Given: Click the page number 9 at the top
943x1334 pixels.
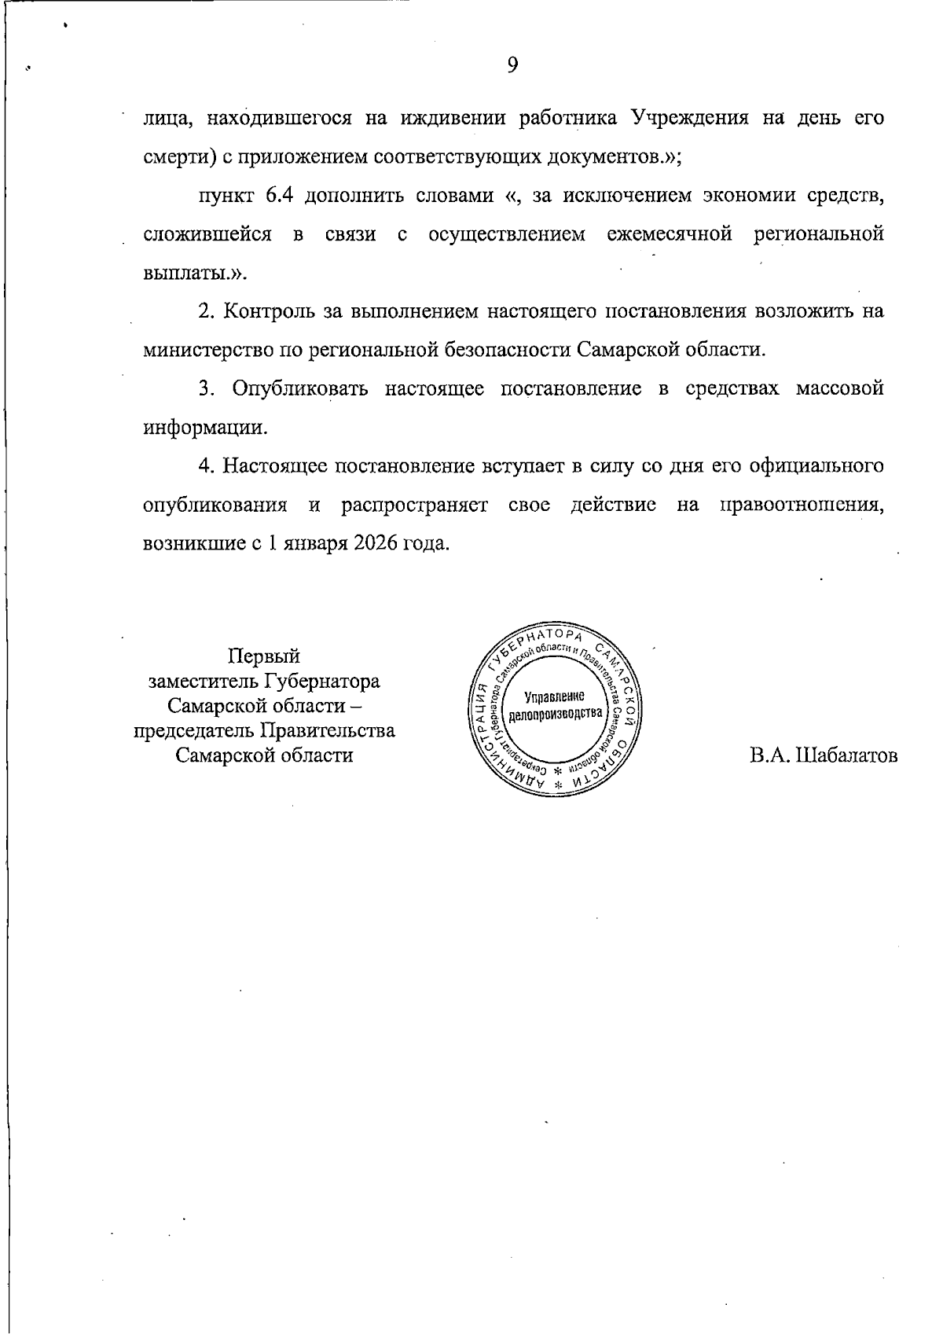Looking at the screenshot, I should click(x=512, y=65).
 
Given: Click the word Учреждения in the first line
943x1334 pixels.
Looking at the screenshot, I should click(x=689, y=119).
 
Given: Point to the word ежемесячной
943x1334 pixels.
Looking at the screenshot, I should click(x=670, y=234).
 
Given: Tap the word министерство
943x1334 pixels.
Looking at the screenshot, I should click(x=205, y=350).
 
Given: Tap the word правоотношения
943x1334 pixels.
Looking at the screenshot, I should click(x=802, y=504).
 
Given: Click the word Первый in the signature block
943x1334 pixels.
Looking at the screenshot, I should click(x=264, y=656).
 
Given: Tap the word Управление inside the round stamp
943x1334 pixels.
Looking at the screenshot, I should click(x=556, y=696).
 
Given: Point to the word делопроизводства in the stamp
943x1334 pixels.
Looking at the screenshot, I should click(x=556, y=714).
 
